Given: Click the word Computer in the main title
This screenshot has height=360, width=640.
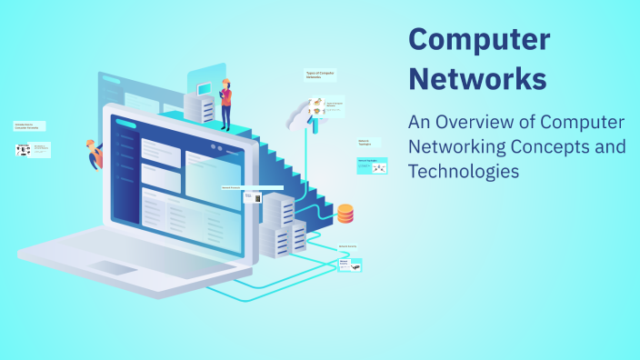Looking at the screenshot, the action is pyautogui.click(x=479, y=39).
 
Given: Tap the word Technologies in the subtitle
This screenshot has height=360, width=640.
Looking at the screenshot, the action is pyautogui.click(x=464, y=170).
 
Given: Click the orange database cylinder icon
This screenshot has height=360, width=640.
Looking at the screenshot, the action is pyautogui.click(x=345, y=215).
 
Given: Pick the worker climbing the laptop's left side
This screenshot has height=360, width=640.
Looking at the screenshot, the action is pyautogui.click(x=94, y=155).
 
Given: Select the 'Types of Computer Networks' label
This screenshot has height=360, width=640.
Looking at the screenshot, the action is pyautogui.click(x=318, y=75).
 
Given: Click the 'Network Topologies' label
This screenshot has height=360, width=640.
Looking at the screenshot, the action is pyautogui.click(x=365, y=143).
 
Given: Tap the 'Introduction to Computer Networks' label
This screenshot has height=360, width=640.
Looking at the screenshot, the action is pyautogui.click(x=29, y=126).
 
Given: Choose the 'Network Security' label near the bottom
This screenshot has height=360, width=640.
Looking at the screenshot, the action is pyautogui.click(x=348, y=246).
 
